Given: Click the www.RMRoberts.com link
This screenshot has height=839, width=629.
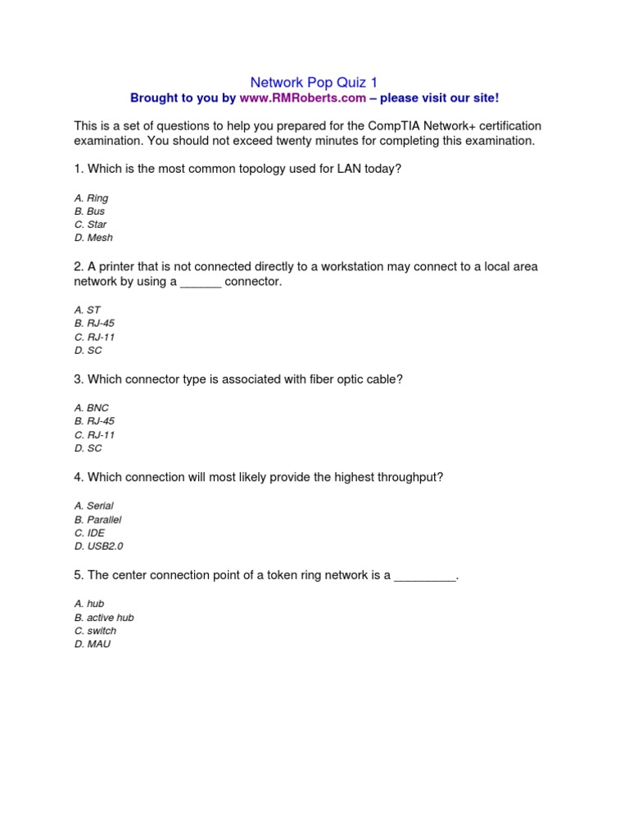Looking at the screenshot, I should point(302,98).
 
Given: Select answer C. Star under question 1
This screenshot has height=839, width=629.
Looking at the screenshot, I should point(90,224).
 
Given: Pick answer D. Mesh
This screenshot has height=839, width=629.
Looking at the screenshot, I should point(93,238).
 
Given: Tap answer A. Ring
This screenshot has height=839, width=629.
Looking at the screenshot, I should point(91,198).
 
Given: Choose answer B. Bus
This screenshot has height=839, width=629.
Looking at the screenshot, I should point(89,211).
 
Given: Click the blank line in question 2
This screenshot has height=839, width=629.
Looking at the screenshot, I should point(201,282).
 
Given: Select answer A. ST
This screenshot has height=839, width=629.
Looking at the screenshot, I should point(87,311).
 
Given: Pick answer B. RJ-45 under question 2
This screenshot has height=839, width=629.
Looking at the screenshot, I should point(94,324).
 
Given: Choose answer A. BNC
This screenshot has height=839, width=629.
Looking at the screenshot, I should point(91,408).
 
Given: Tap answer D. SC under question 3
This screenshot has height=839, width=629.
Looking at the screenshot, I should point(88,448).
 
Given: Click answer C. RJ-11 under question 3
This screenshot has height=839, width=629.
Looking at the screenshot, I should point(94,435).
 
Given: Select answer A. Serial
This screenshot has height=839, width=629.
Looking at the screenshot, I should point(93,506).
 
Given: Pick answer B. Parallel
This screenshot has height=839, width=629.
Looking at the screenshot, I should point(97,519).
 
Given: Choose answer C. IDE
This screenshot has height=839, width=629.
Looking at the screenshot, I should point(89,533).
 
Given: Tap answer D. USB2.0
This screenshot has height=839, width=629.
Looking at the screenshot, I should point(98,546).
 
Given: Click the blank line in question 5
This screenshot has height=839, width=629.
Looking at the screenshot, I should point(424,576).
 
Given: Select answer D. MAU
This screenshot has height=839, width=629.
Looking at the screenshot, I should point(92,644).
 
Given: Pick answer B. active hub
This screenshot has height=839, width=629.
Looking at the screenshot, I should point(103,618).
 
